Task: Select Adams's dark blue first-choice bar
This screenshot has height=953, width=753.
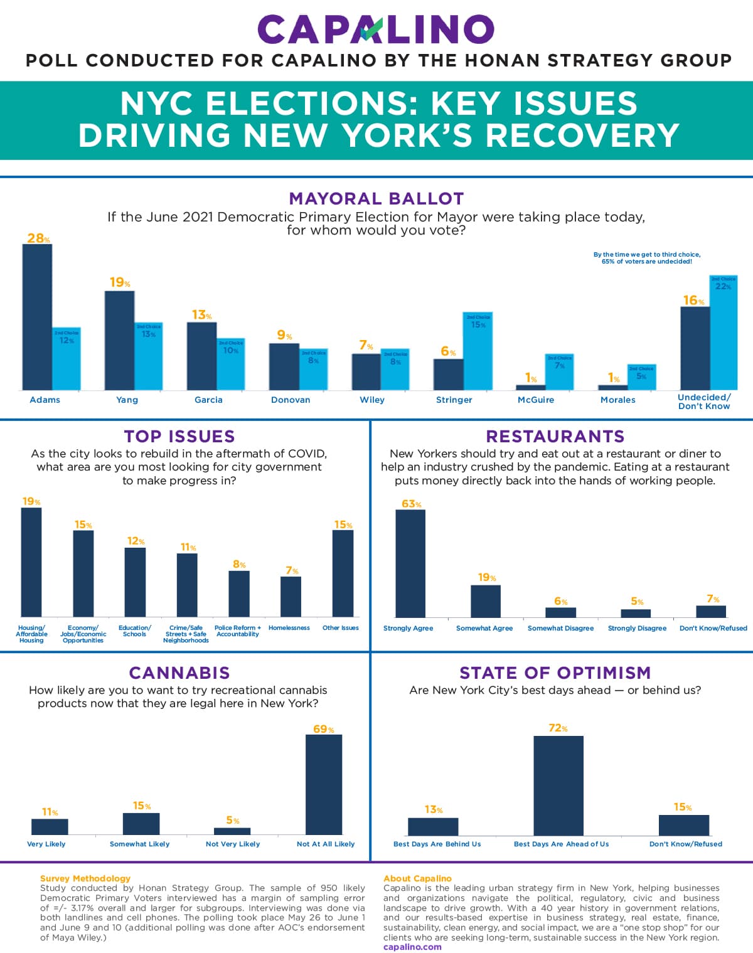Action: [x=37, y=317]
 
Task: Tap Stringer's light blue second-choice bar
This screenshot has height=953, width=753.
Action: [x=478, y=351]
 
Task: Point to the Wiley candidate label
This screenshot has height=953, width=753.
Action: [x=372, y=400]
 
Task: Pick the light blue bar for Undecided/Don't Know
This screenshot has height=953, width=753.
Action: [x=724, y=333]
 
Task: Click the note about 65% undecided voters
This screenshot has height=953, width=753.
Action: [x=647, y=258]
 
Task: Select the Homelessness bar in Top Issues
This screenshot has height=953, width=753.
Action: [x=291, y=596]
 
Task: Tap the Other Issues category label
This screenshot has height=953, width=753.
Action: [x=341, y=628]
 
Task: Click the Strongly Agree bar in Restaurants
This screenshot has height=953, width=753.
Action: [x=410, y=563]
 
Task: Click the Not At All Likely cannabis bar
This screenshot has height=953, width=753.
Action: [x=324, y=784]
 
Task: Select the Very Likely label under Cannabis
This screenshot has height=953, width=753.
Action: [x=46, y=844]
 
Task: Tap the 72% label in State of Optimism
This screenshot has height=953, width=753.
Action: [x=558, y=728]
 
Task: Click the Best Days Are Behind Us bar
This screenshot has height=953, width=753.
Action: [x=433, y=826]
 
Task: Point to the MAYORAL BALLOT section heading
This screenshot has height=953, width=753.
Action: [x=376, y=199]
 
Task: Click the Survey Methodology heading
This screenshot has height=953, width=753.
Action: [x=85, y=878]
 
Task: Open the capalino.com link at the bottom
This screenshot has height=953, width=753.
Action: [x=412, y=947]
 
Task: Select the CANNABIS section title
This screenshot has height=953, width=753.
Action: [x=179, y=673]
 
